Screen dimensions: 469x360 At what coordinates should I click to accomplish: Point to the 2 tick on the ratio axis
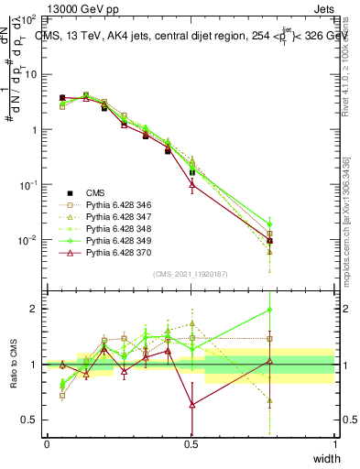tap(35, 309)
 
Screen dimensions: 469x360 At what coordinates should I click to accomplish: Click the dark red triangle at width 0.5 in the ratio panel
tap(191, 404)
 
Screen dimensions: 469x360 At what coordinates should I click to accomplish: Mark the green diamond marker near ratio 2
tap(321, 310)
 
